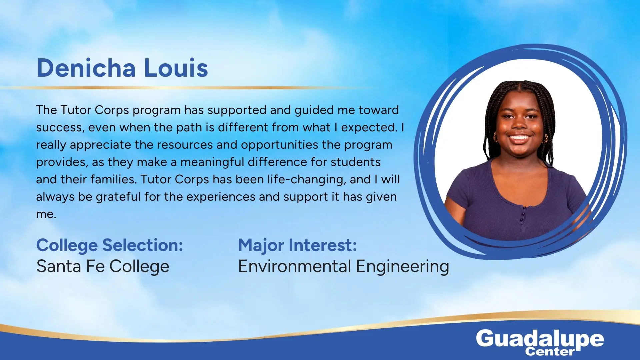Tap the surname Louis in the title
pyautogui.click(x=176, y=68)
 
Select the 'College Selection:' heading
pyautogui.click(x=110, y=246)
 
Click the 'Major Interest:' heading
pyautogui.click(x=297, y=246)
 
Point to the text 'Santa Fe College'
pyautogui.click(x=103, y=267)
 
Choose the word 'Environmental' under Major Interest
pyautogui.click(x=295, y=266)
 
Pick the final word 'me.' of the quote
pyautogui.click(x=46, y=214)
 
